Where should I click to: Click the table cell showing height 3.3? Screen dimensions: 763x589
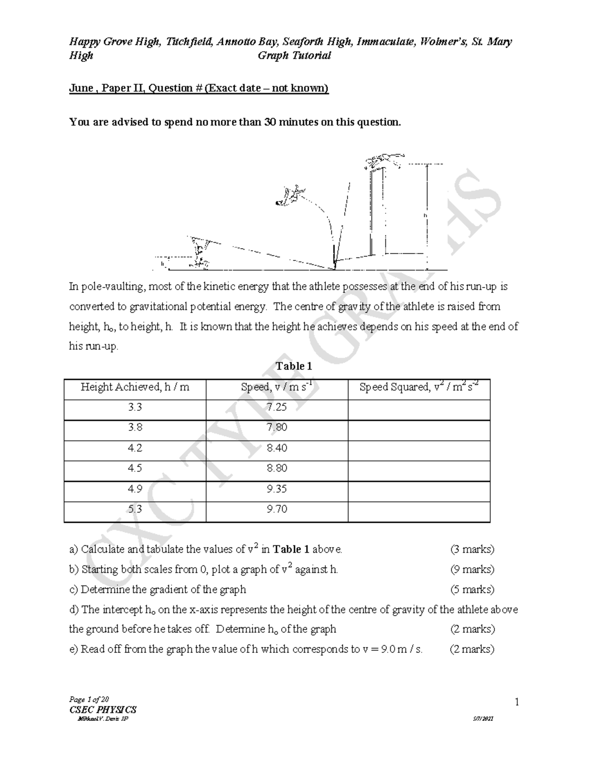[135, 407]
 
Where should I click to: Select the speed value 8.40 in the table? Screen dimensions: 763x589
[277, 448]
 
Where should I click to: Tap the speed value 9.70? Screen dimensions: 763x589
[277, 509]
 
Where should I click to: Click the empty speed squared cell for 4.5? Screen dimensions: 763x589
[419, 469]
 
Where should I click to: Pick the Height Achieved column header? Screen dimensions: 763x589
[135, 388]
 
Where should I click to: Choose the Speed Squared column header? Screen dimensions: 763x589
[418, 387]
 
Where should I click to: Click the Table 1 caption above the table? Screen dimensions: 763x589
[294, 367]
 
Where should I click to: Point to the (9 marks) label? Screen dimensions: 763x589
[472, 569]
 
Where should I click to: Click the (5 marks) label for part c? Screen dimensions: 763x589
[472, 590]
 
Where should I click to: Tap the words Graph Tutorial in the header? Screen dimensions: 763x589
[294, 56]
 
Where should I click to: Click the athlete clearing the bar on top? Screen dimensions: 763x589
[384, 160]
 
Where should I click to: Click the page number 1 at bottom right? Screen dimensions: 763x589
[517, 703]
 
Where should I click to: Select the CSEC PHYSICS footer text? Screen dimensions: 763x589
[104, 709]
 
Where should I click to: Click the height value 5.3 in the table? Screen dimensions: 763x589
[135, 509]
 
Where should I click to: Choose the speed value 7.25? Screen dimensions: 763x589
[277, 407]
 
